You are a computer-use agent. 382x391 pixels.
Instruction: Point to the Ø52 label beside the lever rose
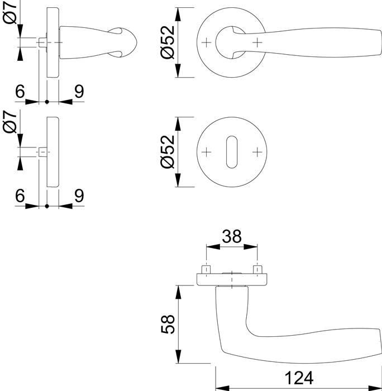coord(168,43)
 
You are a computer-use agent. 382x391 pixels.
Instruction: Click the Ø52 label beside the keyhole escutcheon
coord(168,152)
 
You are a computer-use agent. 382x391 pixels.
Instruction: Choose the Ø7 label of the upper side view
coord(11,15)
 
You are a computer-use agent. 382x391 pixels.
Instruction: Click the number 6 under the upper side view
coord(20,92)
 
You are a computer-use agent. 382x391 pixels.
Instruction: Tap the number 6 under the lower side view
coord(20,195)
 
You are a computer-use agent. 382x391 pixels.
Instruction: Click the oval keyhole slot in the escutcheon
coord(231,152)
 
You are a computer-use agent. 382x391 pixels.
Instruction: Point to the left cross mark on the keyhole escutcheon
coord(207,152)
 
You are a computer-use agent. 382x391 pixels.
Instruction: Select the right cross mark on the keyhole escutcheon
coord(257,152)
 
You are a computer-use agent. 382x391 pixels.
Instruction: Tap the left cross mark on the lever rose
coord(207,42)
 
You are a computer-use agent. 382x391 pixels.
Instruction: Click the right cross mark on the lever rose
coord(257,42)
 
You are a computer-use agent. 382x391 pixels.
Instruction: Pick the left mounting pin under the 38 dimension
coord(207,269)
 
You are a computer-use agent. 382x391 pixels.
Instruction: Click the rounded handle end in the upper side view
coord(124,42)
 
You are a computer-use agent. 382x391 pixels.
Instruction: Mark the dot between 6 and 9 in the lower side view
coord(47,206)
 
